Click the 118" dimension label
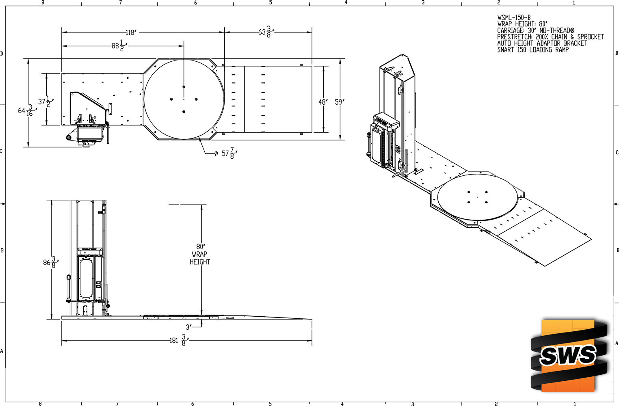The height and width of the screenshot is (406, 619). click(x=131, y=32)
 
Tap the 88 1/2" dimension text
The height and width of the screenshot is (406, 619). click(x=119, y=46)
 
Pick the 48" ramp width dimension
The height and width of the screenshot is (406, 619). click(x=323, y=102)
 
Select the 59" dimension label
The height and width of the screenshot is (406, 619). click(x=340, y=102)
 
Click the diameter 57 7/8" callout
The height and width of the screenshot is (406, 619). click(x=226, y=153)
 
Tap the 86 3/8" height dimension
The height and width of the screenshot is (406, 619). click(x=51, y=262)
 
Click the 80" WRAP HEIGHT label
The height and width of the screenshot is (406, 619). click(x=200, y=254)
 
